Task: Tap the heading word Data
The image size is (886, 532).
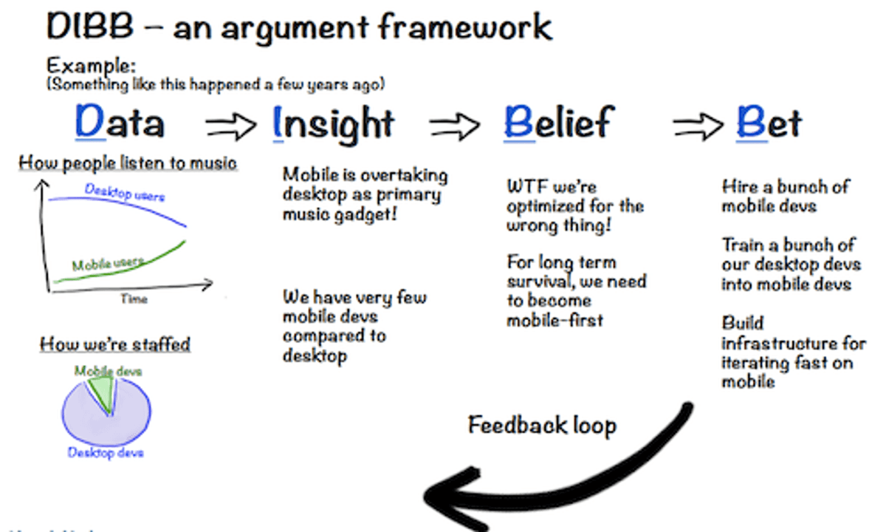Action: click(120, 123)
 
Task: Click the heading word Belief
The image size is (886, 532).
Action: click(558, 123)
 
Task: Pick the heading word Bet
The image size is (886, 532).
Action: click(769, 123)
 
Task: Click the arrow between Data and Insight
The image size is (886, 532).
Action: click(230, 126)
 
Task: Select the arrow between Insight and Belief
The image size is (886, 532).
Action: click(455, 126)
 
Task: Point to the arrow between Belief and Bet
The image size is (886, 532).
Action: click(698, 126)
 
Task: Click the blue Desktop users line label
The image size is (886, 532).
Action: click(125, 192)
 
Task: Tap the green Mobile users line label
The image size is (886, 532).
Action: click(107, 263)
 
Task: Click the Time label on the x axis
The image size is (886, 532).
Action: click(134, 299)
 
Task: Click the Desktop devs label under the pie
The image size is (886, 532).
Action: click(106, 452)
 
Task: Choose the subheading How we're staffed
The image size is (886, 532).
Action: click(114, 344)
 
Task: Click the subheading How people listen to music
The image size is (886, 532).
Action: click(128, 163)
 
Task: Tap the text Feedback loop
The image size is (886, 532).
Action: click(542, 426)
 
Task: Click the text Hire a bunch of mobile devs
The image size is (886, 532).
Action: click(784, 196)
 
